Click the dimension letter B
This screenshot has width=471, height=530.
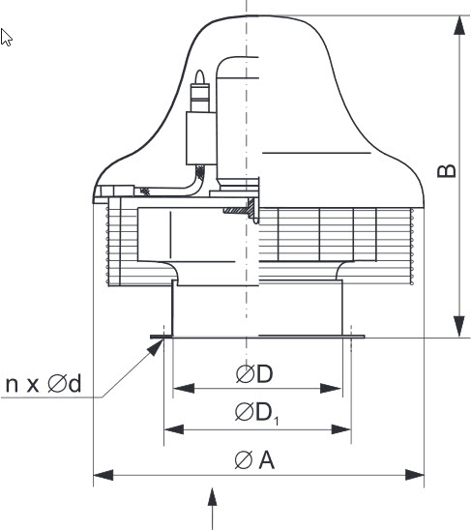pos(446,171)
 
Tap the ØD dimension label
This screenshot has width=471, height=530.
pos(254,374)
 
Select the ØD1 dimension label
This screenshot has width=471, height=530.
pos(256,413)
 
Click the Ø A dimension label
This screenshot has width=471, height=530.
pos(254,460)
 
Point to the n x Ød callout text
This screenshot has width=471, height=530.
pos(44,384)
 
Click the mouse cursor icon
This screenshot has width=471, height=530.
pos(6,37)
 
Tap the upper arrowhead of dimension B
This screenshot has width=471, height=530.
pos(459,25)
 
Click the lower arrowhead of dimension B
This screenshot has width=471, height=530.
pos(459,327)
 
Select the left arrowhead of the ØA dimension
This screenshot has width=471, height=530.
pos(103,475)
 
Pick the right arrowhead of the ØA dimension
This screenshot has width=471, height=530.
pos(415,475)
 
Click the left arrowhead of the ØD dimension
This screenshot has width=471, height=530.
pos(184,389)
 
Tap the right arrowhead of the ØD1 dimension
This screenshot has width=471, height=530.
pos(341,429)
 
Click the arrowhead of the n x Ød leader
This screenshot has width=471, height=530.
pos(157,347)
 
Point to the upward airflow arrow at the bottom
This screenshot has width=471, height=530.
pos(212,509)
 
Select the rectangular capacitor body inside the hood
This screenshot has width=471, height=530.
pos(201,138)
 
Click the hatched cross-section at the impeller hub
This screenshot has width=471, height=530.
pos(240,209)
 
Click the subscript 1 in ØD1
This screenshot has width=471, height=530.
pos(277,421)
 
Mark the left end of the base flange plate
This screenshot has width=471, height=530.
pos(151,337)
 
